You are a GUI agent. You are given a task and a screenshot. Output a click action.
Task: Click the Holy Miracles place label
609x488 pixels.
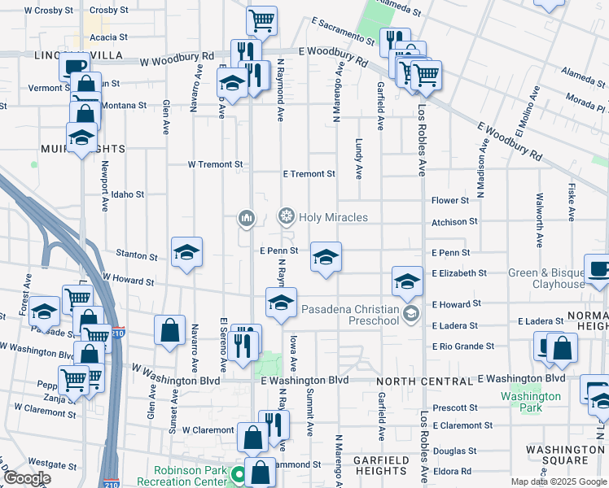(x=333, y=217)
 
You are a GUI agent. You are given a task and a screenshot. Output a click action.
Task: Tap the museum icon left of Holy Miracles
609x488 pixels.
(x=247, y=217)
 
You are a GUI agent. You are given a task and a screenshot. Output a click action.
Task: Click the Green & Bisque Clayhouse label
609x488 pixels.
(x=546, y=278)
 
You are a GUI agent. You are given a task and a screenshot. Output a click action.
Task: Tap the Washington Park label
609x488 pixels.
(x=530, y=402)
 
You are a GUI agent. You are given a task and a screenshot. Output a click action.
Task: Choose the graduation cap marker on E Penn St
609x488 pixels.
(x=326, y=258)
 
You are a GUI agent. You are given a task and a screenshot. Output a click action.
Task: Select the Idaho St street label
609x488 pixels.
(x=128, y=195)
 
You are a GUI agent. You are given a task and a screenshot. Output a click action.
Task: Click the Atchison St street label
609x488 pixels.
(x=454, y=222)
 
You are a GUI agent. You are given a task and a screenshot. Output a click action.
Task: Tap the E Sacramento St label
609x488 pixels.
(x=341, y=31)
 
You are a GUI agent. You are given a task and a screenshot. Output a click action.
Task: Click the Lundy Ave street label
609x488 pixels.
(x=358, y=158)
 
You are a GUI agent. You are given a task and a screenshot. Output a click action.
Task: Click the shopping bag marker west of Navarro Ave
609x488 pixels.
(x=169, y=330)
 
